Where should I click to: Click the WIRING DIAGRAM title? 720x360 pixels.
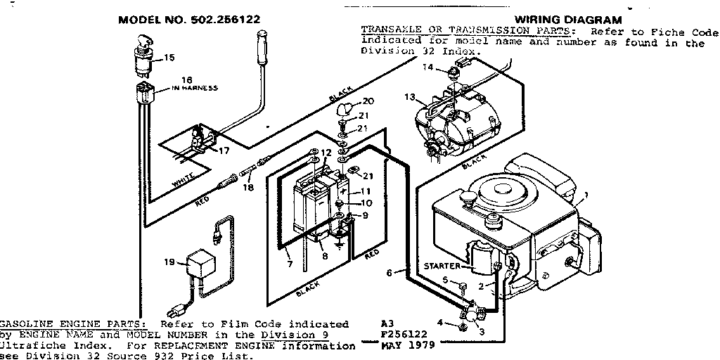point(568,20)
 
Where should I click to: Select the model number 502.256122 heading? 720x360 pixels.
point(189,20)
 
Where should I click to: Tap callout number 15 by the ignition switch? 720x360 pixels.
point(169,58)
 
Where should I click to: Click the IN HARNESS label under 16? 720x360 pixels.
point(192,88)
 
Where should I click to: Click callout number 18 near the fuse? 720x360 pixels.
point(247,188)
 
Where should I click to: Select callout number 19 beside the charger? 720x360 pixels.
point(169,262)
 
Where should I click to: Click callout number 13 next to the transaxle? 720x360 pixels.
point(410,97)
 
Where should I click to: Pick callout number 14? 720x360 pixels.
point(428,67)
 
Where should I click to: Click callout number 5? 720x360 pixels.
point(444,280)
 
